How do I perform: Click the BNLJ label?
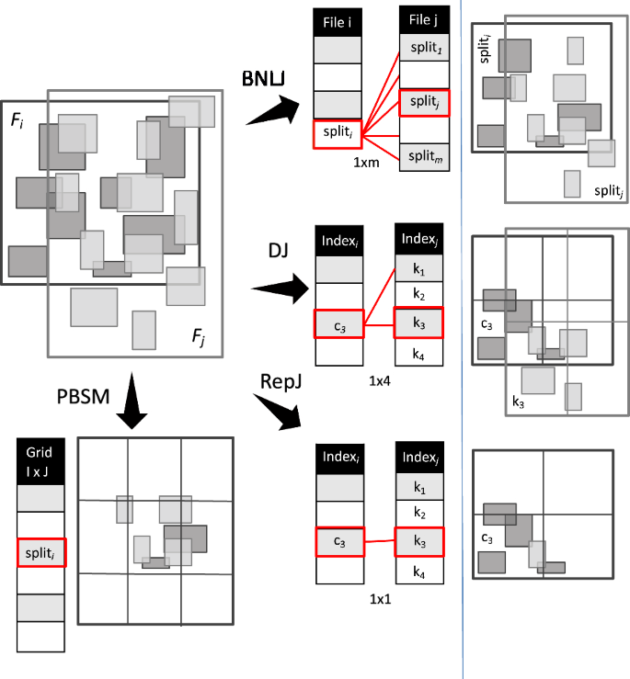(x=263, y=79)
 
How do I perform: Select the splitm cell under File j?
(x=424, y=155)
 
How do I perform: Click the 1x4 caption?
(x=378, y=379)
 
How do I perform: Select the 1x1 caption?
(x=378, y=598)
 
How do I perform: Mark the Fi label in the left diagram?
(x=19, y=120)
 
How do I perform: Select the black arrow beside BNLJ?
(x=278, y=111)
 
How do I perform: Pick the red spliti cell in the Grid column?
(x=40, y=553)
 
